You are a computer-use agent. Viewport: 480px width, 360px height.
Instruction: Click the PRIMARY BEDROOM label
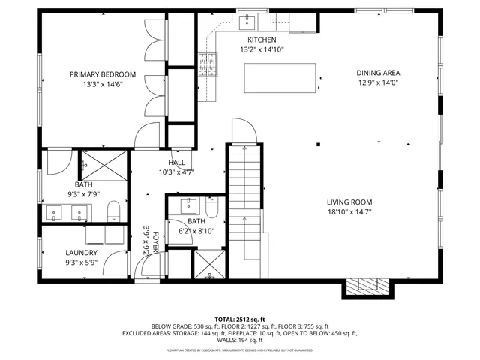tap(103, 74)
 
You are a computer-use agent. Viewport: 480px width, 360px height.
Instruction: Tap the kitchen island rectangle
tap(280, 77)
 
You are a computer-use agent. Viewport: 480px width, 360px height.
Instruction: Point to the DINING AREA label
tap(378, 73)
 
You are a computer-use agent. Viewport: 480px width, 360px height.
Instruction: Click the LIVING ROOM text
tap(349, 202)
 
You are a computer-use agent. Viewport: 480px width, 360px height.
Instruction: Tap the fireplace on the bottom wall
tap(367, 286)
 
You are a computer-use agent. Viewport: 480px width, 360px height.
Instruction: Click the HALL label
tap(176, 163)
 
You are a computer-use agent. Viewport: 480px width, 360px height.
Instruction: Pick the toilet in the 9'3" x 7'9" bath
tap(113, 211)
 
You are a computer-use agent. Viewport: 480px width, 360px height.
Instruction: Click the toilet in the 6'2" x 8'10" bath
tap(211, 207)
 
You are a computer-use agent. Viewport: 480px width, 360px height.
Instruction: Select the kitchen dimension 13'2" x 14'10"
tap(262, 50)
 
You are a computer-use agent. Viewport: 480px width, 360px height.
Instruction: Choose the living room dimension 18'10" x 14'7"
tap(349, 212)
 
